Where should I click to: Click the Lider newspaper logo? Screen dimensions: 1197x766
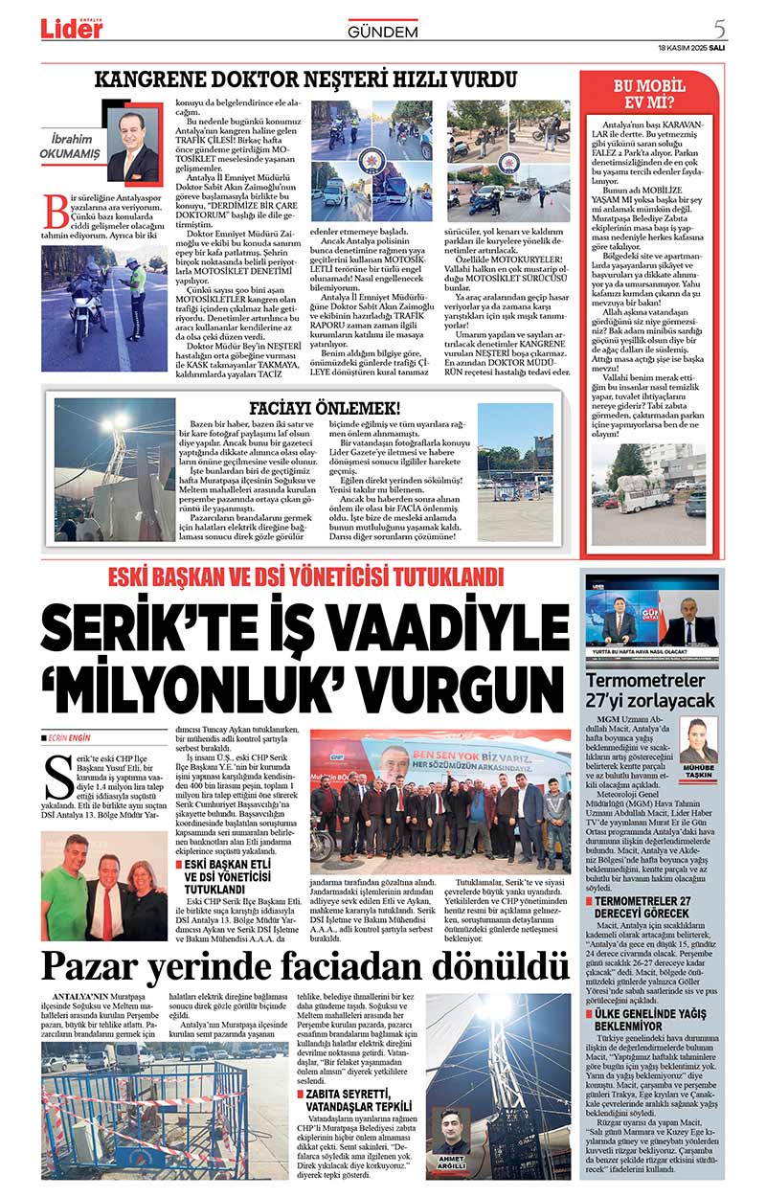[x=72, y=28]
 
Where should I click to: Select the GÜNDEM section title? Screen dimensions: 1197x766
[x=383, y=33]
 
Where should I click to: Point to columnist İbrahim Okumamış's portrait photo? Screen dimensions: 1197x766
[x=132, y=147]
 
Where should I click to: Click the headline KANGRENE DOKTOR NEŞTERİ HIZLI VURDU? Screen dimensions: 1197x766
[x=306, y=79]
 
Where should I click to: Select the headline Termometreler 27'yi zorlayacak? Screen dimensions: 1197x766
[x=650, y=690]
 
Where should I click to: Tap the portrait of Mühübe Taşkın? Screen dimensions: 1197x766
[x=698, y=740]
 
